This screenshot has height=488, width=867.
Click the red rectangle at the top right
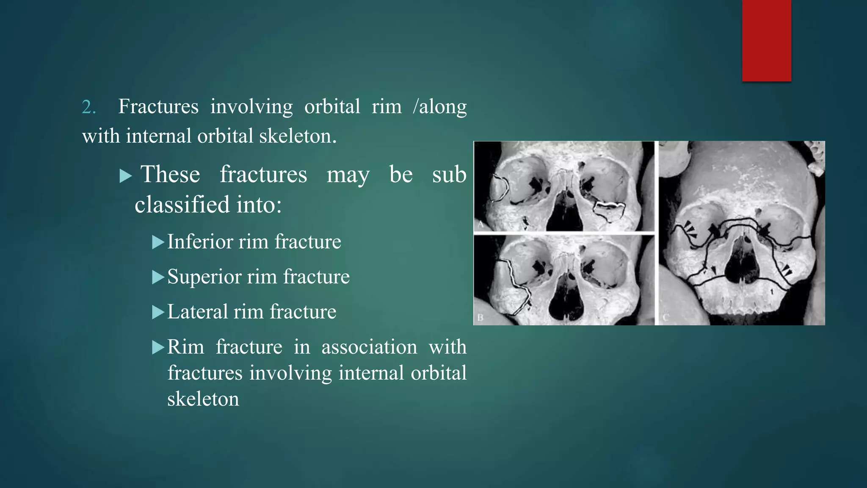tap(766, 40)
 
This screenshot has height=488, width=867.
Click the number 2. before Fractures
tap(88, 107)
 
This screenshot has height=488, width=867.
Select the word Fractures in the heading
tap(158, 106)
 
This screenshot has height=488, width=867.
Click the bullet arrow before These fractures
tap(126, 175)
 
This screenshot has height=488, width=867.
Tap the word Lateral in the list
tap(197, 312)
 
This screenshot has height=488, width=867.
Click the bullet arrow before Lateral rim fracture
tap(157, 313)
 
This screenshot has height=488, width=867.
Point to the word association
tap(369, 347)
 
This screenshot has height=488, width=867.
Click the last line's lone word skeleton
tap(203, 399)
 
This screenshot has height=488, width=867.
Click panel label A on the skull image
tap(480, 224)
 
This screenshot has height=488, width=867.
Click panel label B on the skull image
tap(480, 318)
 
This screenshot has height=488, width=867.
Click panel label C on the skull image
tap(665, 317)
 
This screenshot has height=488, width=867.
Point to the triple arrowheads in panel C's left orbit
tap(690, 229)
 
